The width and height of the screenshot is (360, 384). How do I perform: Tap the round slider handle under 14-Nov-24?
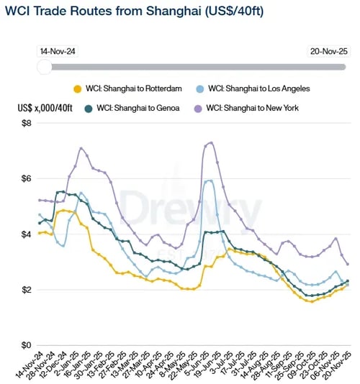coord(45,66)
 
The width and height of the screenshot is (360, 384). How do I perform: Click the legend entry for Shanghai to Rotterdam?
coord(130,89)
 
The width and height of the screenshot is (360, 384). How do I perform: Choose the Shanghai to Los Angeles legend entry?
coord(258,89)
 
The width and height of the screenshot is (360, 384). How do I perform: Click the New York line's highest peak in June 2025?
coord(210,142)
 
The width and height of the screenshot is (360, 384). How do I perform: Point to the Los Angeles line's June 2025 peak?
coord(209,180)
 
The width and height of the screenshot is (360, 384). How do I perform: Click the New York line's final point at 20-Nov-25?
coord(348,264)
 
